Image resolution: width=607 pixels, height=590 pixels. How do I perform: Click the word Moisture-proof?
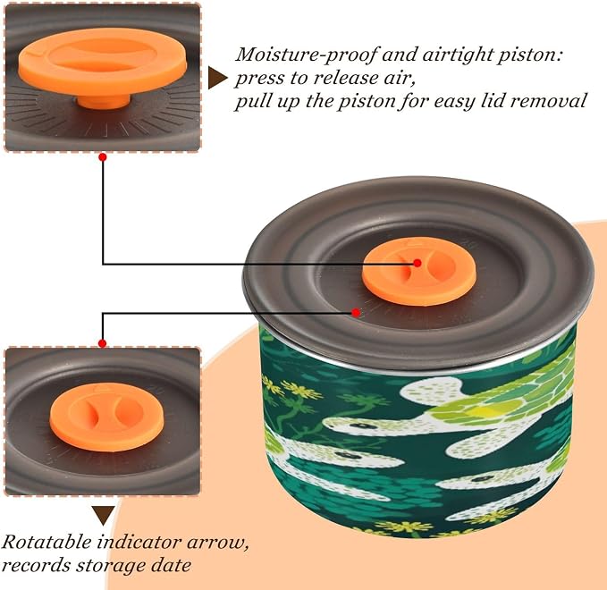306,55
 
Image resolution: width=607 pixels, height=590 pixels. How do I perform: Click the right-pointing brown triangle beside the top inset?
217,78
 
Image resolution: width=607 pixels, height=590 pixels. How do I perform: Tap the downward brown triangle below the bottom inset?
103,515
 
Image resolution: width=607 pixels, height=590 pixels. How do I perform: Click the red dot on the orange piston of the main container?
417,263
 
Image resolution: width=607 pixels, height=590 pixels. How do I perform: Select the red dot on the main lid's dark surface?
356,312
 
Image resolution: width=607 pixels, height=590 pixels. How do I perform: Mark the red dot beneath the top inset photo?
103,157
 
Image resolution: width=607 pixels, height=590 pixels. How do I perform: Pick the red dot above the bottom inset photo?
102,343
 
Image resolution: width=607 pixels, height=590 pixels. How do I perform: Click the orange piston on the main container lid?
419,271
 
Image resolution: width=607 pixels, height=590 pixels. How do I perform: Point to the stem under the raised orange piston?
104,102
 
